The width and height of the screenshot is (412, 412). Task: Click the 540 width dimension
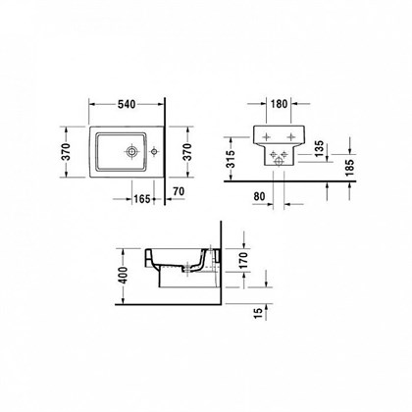(x=127, y=104)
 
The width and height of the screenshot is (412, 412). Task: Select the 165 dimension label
(x=142, y=199)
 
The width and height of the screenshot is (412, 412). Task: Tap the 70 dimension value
(x=179, y=191)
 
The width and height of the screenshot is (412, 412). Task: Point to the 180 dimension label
(x=279, y=104)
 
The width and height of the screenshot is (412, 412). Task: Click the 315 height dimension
(x=231, y=159)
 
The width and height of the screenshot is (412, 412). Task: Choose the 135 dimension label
(x=319, y=148)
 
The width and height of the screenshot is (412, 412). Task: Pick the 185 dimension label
(x=349, y=168)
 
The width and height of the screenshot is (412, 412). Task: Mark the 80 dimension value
(x=259, y=196)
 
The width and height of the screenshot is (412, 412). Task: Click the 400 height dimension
(x=124, y=276)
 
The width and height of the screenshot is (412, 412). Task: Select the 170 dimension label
(x=243, y=260)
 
